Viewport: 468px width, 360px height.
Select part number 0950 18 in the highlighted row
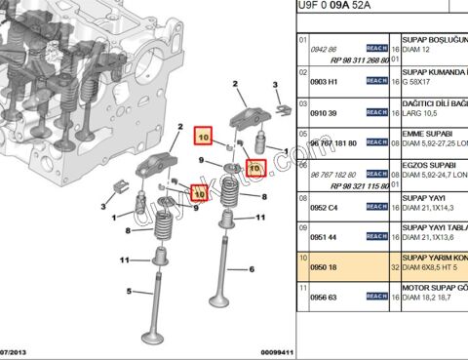(x=323, y=266)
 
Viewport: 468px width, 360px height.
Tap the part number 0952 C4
(x=323, y=207)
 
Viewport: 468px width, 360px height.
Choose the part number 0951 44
(x=323, y=237)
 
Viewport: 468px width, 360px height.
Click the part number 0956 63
(x=323, y=297)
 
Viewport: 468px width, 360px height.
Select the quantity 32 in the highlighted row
(x=394, y=266)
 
